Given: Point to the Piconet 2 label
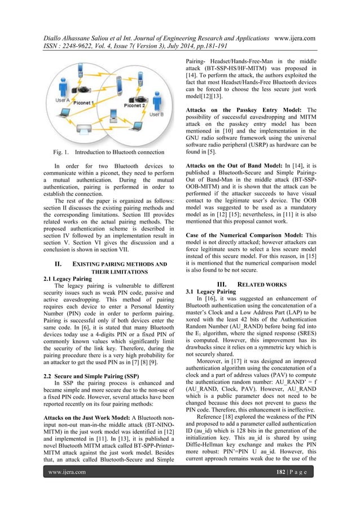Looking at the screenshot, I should pos(135,104).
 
